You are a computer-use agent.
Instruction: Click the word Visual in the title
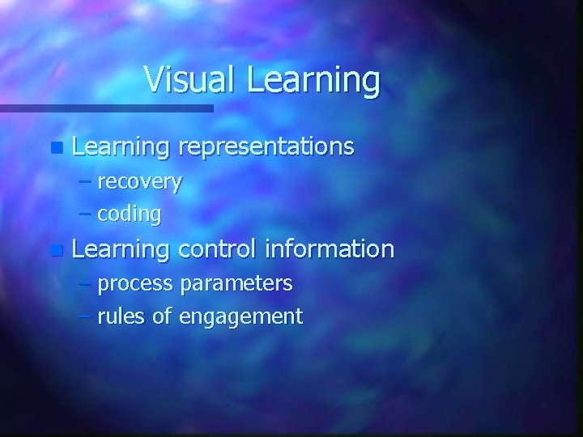tap(191, 79)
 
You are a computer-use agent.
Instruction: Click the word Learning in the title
tap(313, 81)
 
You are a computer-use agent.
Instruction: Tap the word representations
tap(266, 146)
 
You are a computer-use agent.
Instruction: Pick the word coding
tap(130, 214)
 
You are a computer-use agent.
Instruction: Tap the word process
tap(135, 284)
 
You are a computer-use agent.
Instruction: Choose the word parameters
tap(236, 284)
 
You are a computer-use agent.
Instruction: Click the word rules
tap(121, 316)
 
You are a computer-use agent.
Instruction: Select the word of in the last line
tap(162, 316)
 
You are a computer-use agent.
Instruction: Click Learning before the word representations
tap(121, 147)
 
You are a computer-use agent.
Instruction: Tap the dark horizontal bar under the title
tap(105, 108)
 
